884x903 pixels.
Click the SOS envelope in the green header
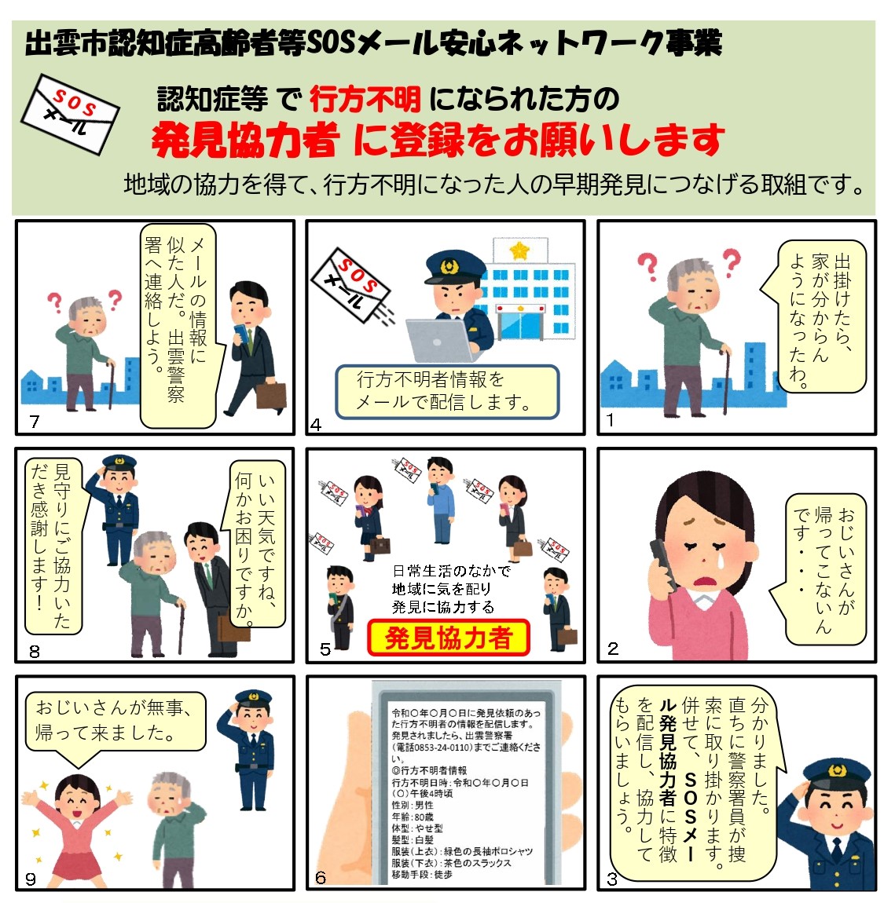pyautogui.click(x=70, y=114)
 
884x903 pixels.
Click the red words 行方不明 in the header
pyautogui.click(x=365, y=99)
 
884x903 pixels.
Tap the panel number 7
pyautogui.click(x=35, y=422)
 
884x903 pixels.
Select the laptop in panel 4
pyautogui.click(x=438, y=340)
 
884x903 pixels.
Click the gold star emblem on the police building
pyautogui.click(x=519, y=250)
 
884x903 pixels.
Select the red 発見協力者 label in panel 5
pyautogui.click(x=449, y=638)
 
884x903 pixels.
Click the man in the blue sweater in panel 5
pyautogui.click(x=440, y=499)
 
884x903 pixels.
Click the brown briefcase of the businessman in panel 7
pyautogui.click(x=271, y=394)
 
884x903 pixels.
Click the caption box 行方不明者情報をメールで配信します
pyautogui.click(x=447, y=392)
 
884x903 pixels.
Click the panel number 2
pyautogui.click(x=613, y=649)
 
